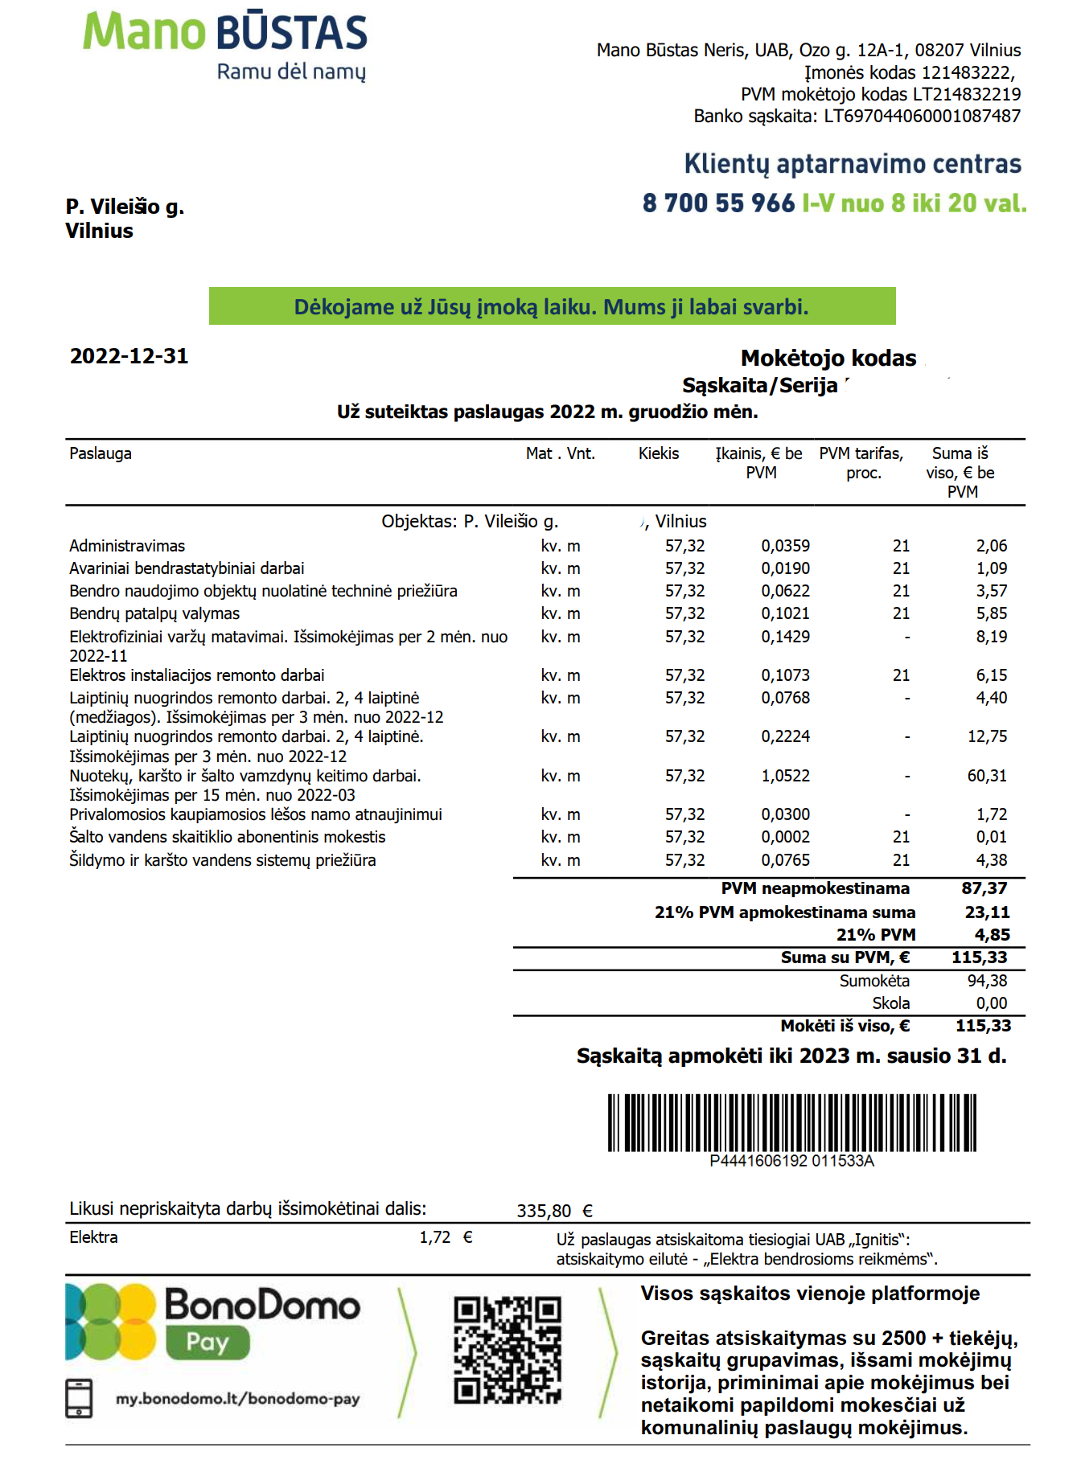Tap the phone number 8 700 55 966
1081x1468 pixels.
tap(718, 203)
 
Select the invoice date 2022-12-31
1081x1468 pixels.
tap(129, 356)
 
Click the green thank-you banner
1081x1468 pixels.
tap(552, 306)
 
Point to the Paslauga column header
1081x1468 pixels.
tap(101, 453)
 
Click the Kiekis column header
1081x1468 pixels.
tap(659, 453)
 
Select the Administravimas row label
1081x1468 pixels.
tap(127, 546)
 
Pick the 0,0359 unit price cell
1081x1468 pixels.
tap(785, 546)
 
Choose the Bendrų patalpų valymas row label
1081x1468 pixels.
tap(154, 613)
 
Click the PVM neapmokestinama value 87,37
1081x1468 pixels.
tap(984, 888)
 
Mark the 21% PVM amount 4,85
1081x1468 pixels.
tap(992, 935)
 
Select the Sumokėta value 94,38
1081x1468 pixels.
tap(987, 981)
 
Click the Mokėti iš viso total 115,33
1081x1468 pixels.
tap(983, 1026)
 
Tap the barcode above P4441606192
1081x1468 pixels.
tap(791, 1122)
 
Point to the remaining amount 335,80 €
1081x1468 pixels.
tap(554, 1211)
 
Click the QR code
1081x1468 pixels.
tap(508, 1350)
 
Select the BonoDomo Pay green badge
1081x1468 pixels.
tap(208, 1343)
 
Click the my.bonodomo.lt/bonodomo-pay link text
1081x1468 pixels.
tap(237, 1399)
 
